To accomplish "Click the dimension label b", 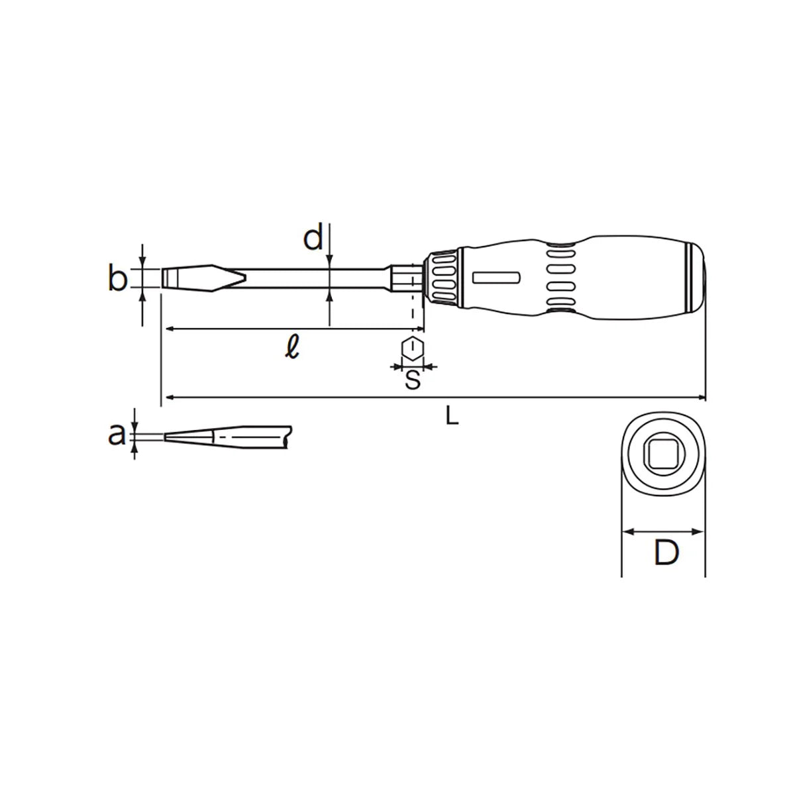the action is point(117,279).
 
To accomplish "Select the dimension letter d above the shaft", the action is point(313,237).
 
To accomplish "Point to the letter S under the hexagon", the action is point(413,380).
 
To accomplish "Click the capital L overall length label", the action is point(452,415).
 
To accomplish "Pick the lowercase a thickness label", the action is point(117,435).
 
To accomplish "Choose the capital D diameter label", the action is point(666,553).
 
